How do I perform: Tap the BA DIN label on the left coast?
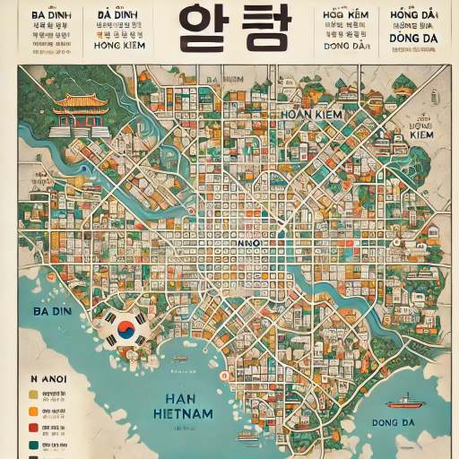[x=51, y=311]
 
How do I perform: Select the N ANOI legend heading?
[x=51, y=378]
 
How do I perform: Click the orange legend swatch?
[x=33, y=411]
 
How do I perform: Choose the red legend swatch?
[x=33, y=428]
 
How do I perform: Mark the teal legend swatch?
[x=33, y=445]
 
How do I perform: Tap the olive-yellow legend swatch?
[x=33, y=394]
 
